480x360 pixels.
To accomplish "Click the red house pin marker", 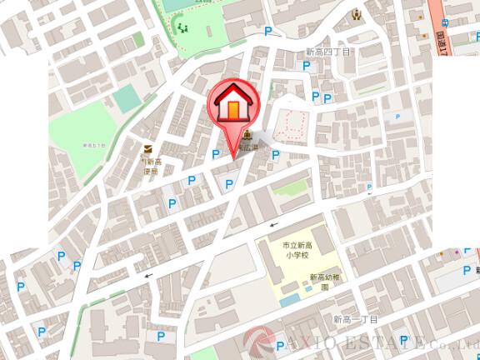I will click(x=232, y=104).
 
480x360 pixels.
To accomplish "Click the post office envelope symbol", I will click(x=147, y=148).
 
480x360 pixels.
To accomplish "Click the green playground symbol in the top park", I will click(x=182, y=27).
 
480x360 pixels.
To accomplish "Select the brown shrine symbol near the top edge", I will click(x=356, y=13).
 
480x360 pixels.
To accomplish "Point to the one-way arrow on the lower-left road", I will click(x=148, y=275).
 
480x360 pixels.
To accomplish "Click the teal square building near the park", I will click(x=127, y=99).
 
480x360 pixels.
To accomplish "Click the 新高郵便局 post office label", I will click(x=149, y=166).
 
